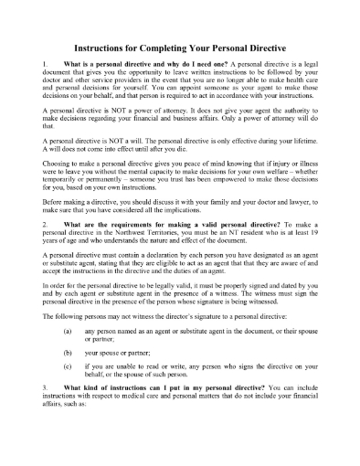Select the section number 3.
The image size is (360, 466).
pos(47,416)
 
